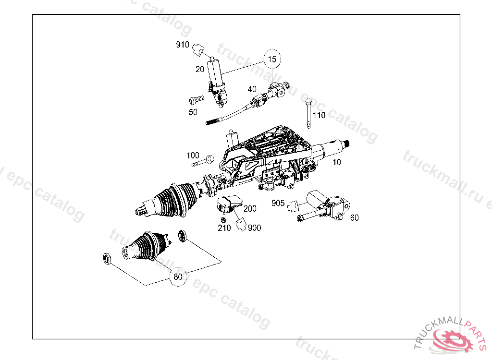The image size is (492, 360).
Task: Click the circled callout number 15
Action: click(x=272, y=60)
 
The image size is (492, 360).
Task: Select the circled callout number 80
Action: click(x=178, y=276)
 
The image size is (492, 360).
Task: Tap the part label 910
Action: click(x=182, y=45)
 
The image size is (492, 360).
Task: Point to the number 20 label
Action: click(x=200, y=69)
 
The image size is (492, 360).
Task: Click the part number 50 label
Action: click(x=193, y=112)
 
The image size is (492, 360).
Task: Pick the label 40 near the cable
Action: click(x=252, y=89)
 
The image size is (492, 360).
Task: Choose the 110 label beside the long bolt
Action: click(x=319, y=115)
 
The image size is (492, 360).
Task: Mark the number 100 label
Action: click(x=193, y=156)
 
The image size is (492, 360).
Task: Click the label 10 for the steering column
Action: click(x=337, y=162)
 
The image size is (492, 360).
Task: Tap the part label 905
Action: click(x=278, y=203)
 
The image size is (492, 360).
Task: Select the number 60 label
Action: click(x=354, y=217)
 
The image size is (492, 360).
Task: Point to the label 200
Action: click(x=250, y=209)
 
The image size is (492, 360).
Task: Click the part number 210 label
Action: click(x=224, y=228)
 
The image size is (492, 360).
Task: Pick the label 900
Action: click(x=255, y=228)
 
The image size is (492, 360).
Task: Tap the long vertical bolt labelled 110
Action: click(x=308, y=114)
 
